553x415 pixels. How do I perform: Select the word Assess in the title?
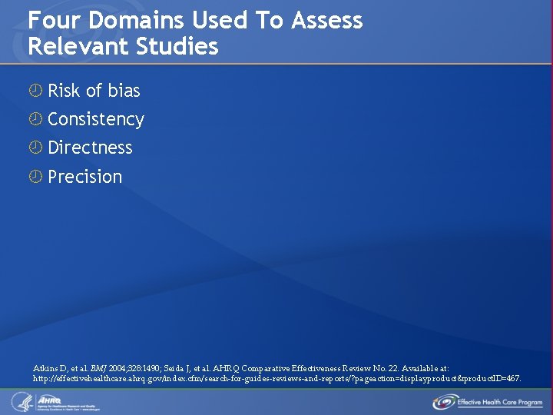327,21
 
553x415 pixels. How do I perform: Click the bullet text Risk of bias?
94,91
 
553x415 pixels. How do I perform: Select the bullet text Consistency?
96,119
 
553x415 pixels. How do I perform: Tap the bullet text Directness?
90,148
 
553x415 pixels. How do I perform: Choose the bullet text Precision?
85,177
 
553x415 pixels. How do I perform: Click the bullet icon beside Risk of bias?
35,91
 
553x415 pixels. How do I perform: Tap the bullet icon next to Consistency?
35,119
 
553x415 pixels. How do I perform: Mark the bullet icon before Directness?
35,148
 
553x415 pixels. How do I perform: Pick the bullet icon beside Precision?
35,177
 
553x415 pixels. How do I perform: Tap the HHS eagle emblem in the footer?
20,401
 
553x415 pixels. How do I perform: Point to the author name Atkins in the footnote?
46,369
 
